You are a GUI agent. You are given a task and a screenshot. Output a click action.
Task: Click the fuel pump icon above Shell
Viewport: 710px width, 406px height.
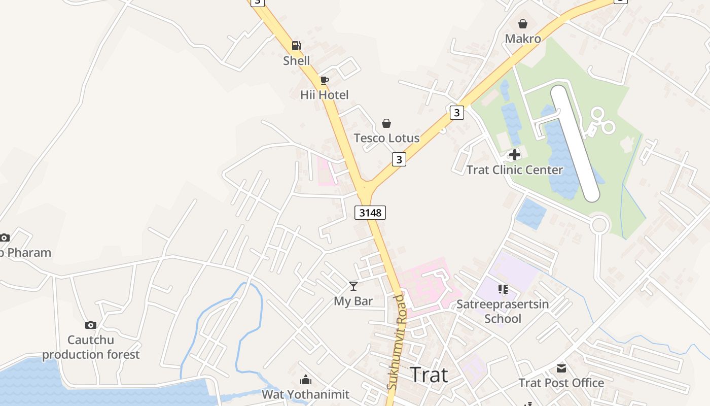[x=296, y=46]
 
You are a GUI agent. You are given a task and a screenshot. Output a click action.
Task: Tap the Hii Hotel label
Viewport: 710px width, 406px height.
[x=325, y=95]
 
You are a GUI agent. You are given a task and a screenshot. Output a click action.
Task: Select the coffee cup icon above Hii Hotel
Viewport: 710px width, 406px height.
[x=325, y=80]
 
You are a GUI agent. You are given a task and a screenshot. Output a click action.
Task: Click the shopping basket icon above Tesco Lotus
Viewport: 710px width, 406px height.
[x=386, y=123]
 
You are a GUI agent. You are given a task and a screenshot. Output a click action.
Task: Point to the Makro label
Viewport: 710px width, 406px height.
[x=523, y=39]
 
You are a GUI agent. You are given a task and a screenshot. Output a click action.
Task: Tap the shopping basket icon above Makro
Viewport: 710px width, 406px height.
[x=523, y=24]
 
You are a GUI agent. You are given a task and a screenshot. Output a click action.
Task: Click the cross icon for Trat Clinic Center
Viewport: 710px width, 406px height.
[x=515, y=155]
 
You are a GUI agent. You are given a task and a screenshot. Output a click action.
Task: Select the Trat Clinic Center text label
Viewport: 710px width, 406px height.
[x=515, y=170]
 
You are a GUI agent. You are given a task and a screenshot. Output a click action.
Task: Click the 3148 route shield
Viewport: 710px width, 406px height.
[x=370, y=212]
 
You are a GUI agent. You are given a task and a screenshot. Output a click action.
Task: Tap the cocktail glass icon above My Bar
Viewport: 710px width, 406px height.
[x=353, y=286]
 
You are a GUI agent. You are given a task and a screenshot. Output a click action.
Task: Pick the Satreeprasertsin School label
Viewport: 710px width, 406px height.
[x=503, y=311]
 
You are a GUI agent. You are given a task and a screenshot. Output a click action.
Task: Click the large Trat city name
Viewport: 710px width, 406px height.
[x=429, y=375]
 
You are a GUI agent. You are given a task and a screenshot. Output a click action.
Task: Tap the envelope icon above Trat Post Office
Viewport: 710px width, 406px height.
[x=561, y=368]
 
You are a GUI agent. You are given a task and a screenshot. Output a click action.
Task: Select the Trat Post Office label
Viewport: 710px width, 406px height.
[x=561, y=383]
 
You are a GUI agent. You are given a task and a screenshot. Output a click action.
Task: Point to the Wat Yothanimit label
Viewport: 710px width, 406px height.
[x=306, y=394]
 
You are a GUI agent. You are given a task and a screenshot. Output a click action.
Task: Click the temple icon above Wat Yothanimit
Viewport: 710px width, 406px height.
[x=306, y=380]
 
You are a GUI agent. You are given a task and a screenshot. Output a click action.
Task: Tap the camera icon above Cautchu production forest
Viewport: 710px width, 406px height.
[x=91, y=325]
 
